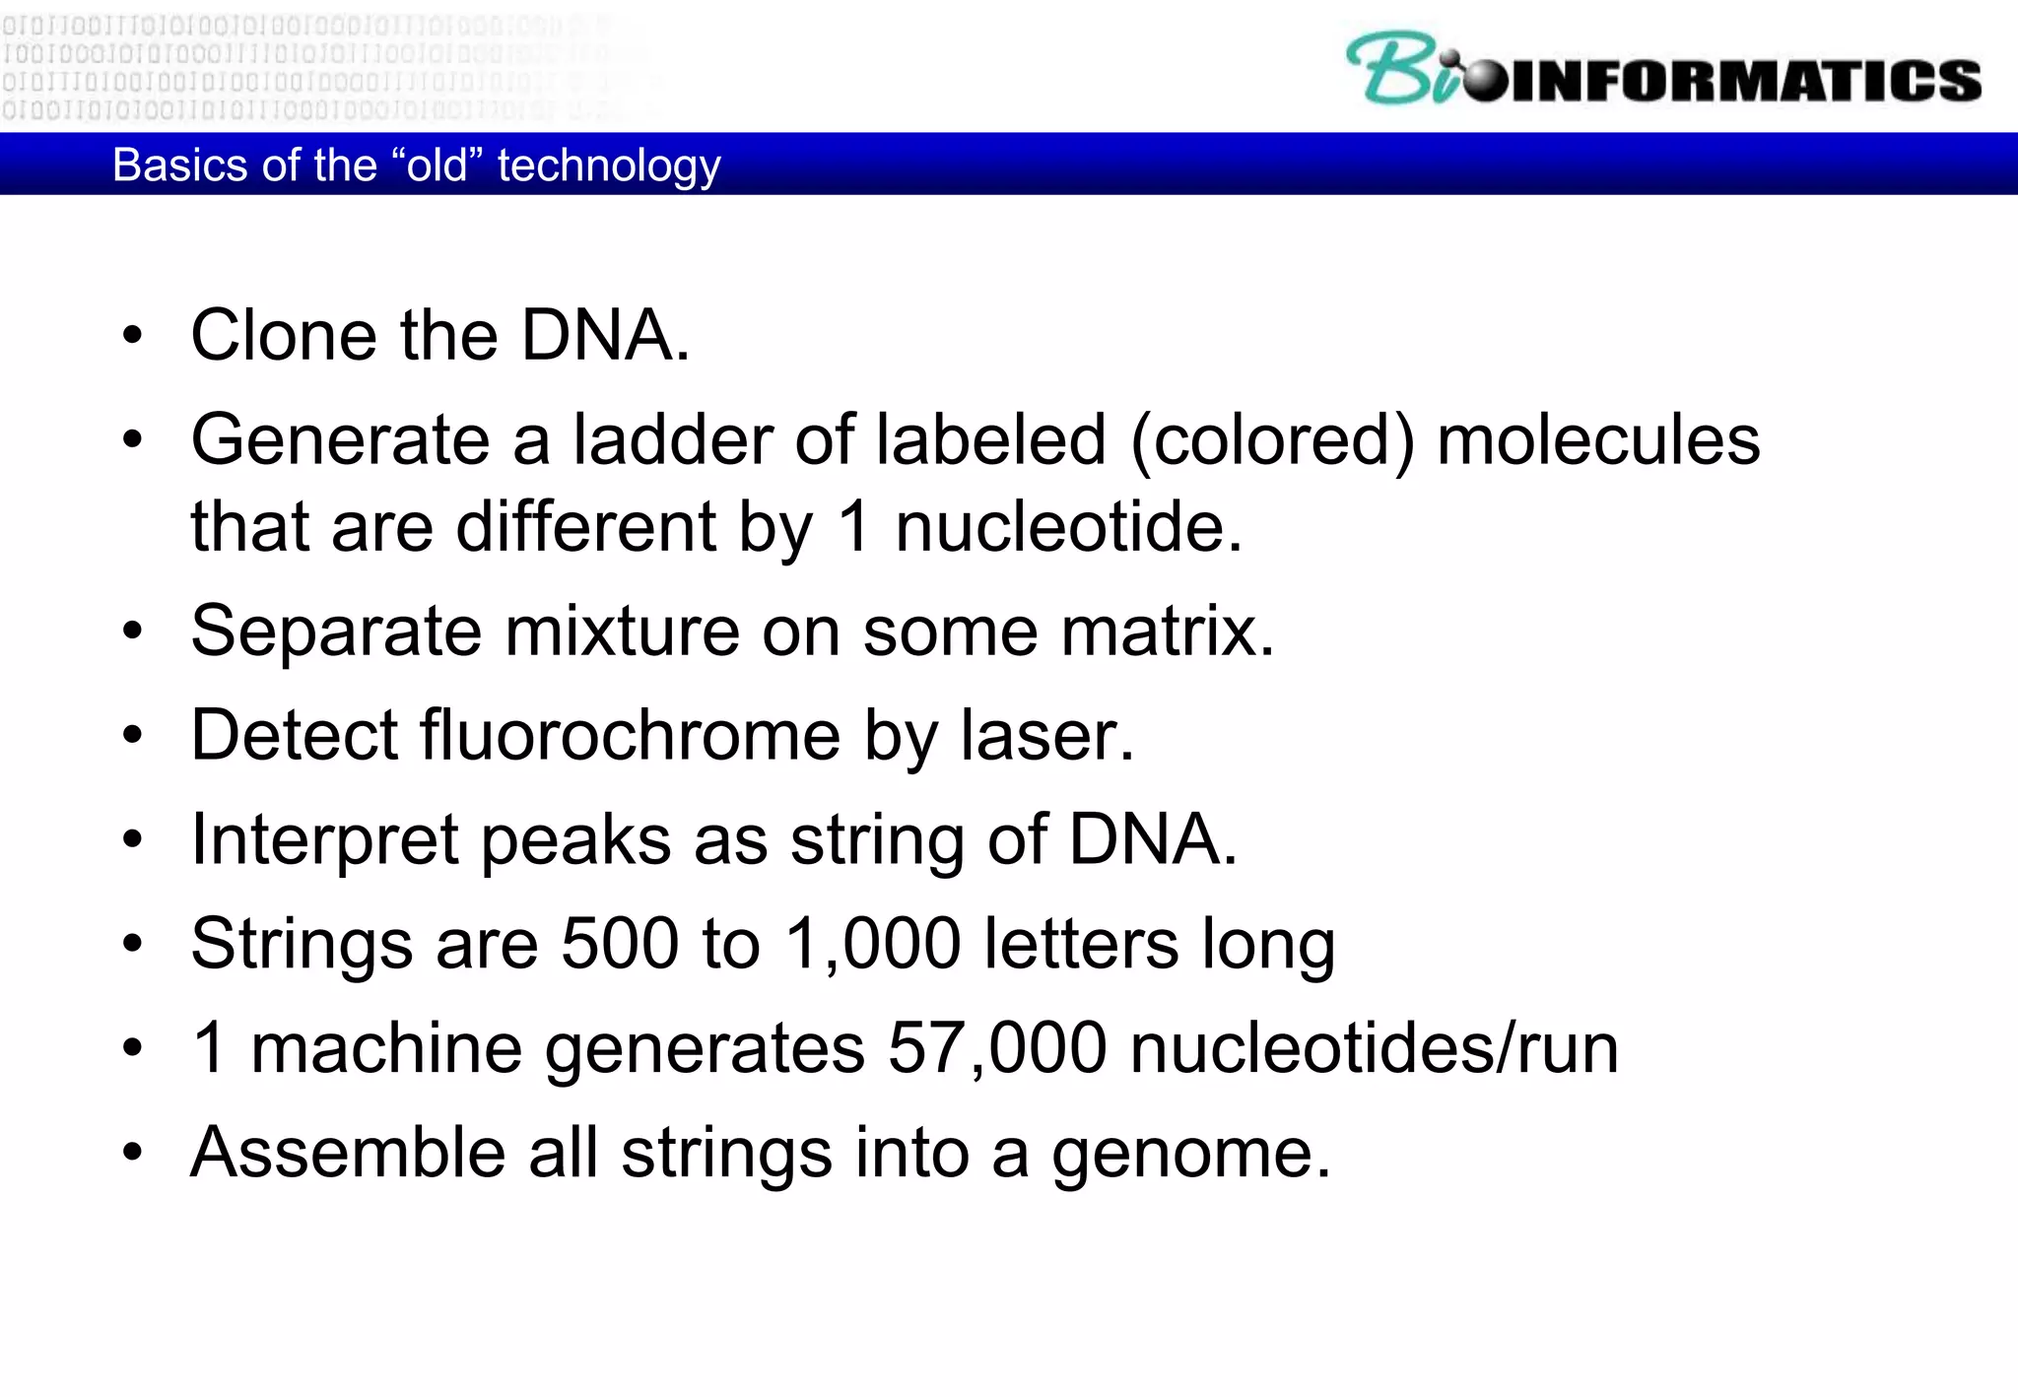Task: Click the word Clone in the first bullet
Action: (x=283, y=336)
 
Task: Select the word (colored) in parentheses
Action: (x=1272, y=439)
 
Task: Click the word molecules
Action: (x=1597, y=439)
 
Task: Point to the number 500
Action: (x=620, y=944)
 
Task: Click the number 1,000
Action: (x=872, y=944)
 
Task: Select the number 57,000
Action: (x=997, y=1047)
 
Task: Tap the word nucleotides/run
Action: (x=1374, y=1047)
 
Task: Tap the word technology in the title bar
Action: (x=609, y=166)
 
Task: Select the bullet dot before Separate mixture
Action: (x=133, y=632)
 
